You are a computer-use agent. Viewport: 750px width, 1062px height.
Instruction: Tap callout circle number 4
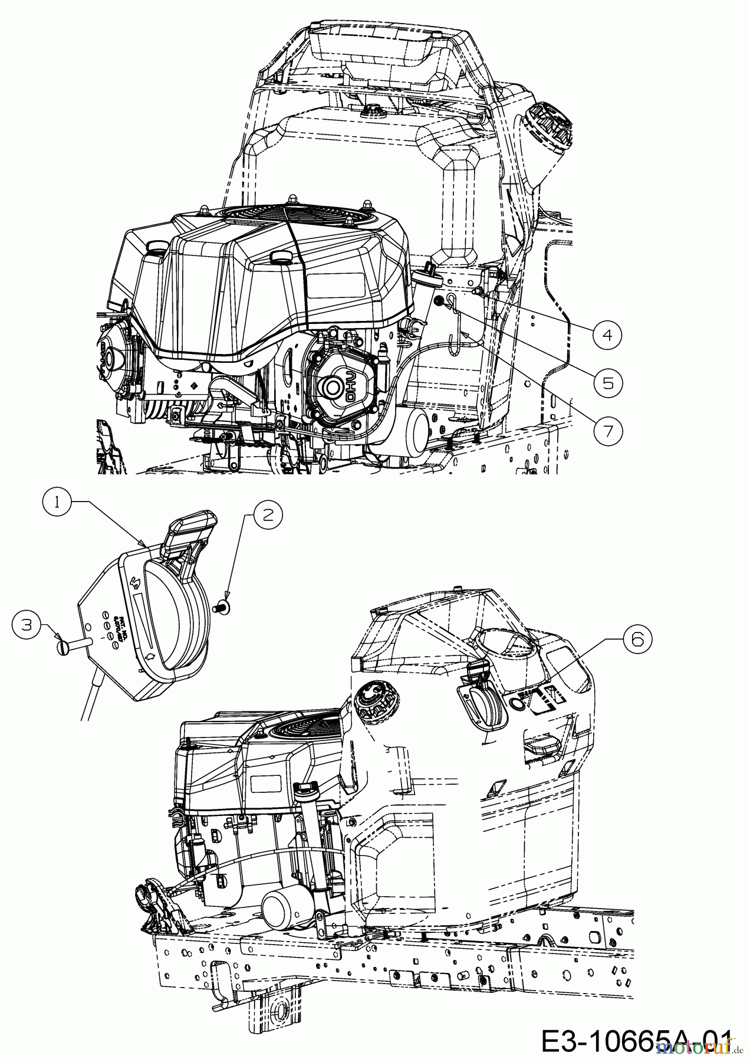click(607, 335)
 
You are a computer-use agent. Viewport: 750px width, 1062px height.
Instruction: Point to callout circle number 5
click(607, 383)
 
